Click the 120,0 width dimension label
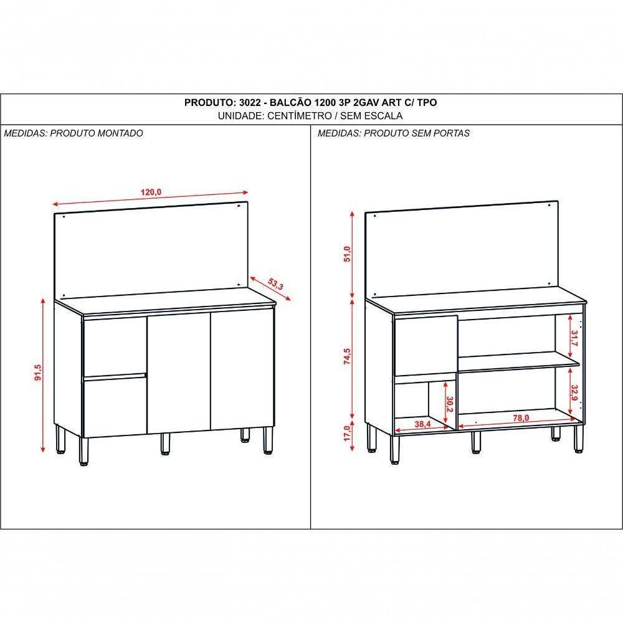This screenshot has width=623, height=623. click(x=151, y=193)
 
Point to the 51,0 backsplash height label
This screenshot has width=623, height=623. click(x=348, y=255)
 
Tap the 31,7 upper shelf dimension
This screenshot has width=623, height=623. click(x=573, y=338)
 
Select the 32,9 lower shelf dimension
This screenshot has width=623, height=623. click(x=573, y=394)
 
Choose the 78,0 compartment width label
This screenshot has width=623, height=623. click(x=521, y=419)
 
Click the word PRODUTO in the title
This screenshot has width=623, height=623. click(x=208, y=103)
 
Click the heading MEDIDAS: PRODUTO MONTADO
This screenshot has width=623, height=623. click(x=74, y=133)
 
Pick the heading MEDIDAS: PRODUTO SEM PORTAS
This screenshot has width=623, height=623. click(x=393, y=133)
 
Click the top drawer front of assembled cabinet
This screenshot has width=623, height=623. click(x=114, y=346)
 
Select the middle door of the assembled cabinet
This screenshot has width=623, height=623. click(x=178, y=373)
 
